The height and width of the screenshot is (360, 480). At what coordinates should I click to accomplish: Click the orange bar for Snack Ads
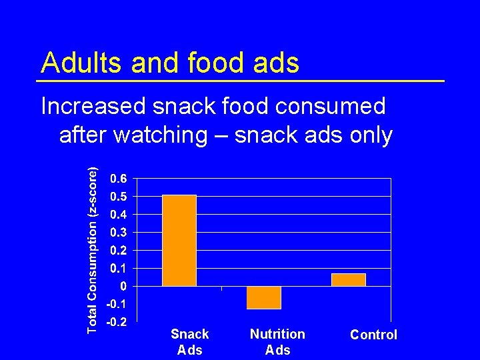pyautogui.click(x=179, y=241)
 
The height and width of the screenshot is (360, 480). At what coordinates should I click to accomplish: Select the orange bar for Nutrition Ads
pyautogui.click(x=264, y=297)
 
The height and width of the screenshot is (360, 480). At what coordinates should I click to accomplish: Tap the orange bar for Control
pyautogui.click(x=349, y=280)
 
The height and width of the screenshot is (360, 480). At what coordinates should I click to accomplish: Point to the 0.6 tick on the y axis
pyautogui.click(x=120, y=179)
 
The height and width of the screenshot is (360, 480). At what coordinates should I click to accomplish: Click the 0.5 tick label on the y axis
pyautogui.click(x=120, y=197)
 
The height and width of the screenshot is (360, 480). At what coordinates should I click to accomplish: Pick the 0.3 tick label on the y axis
pyautogui.click(x=120, y=233)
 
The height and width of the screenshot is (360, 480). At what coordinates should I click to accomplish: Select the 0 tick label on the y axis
pyautogui.click(x=125, y=286)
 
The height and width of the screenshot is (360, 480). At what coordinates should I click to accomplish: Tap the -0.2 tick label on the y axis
pyautogui.click(x=118, y=322)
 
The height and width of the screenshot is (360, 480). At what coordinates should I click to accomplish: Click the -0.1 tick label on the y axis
pyautogui.click(x=118, y=304)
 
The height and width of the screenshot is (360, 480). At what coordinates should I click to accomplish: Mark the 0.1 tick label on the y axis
pyautogui.click(x=120, y=268)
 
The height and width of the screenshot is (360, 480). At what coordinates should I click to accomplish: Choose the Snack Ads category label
pyautogui.click(x=190, y=341)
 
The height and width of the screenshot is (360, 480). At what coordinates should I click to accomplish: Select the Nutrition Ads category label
pyautogui.click(x=277, y=341)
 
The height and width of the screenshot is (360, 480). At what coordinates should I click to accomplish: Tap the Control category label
pyautogui.click(x=373, y=335)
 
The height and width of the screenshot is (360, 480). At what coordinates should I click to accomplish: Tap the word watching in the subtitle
pyautogui.click(x=161, y=135)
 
